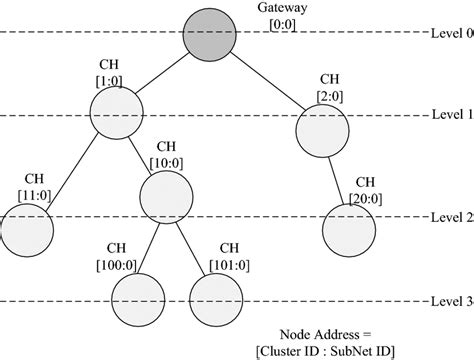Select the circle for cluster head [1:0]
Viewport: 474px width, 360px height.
pyautogui.click(x=116, y=113)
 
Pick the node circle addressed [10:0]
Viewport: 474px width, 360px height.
pyautogui.click(x=164, y=197)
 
